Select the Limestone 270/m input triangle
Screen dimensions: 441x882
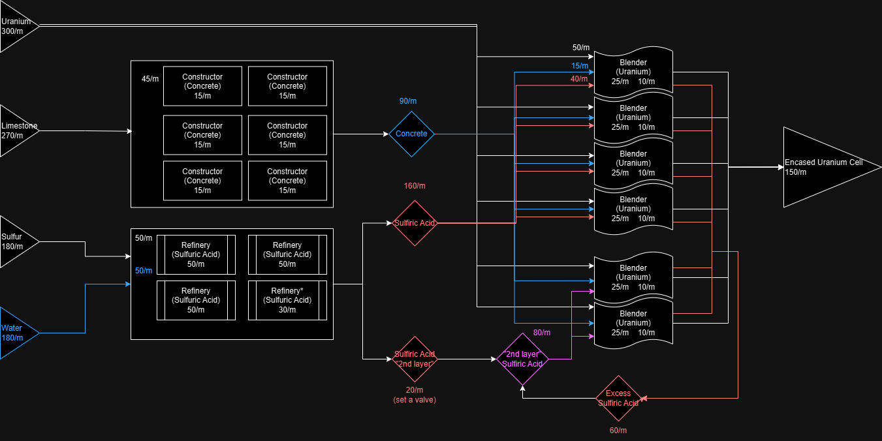(16, 130)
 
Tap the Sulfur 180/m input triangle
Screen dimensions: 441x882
(16, 241)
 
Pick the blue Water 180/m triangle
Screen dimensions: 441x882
(16, 333)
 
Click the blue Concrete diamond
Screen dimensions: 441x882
(411, 134)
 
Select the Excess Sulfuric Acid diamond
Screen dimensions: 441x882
(618, 398)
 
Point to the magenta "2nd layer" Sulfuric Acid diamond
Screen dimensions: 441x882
(522, 359)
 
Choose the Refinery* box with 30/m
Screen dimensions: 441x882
(287, 300)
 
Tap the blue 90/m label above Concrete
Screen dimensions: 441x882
(408, 101)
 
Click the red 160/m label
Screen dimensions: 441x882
(415, 186)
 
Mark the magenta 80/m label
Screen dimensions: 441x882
(542, 333)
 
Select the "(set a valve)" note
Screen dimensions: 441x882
(415, 400)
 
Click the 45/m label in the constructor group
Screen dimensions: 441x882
(150, 79)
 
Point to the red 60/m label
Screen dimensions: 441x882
(618, 431)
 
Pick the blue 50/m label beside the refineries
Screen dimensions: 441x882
(144, 271)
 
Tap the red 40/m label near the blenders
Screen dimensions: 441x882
(579, 79)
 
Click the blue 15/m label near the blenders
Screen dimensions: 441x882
(580, 66)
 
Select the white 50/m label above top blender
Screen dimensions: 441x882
(581, 48)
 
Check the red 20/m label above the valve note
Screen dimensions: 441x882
(415, 389)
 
